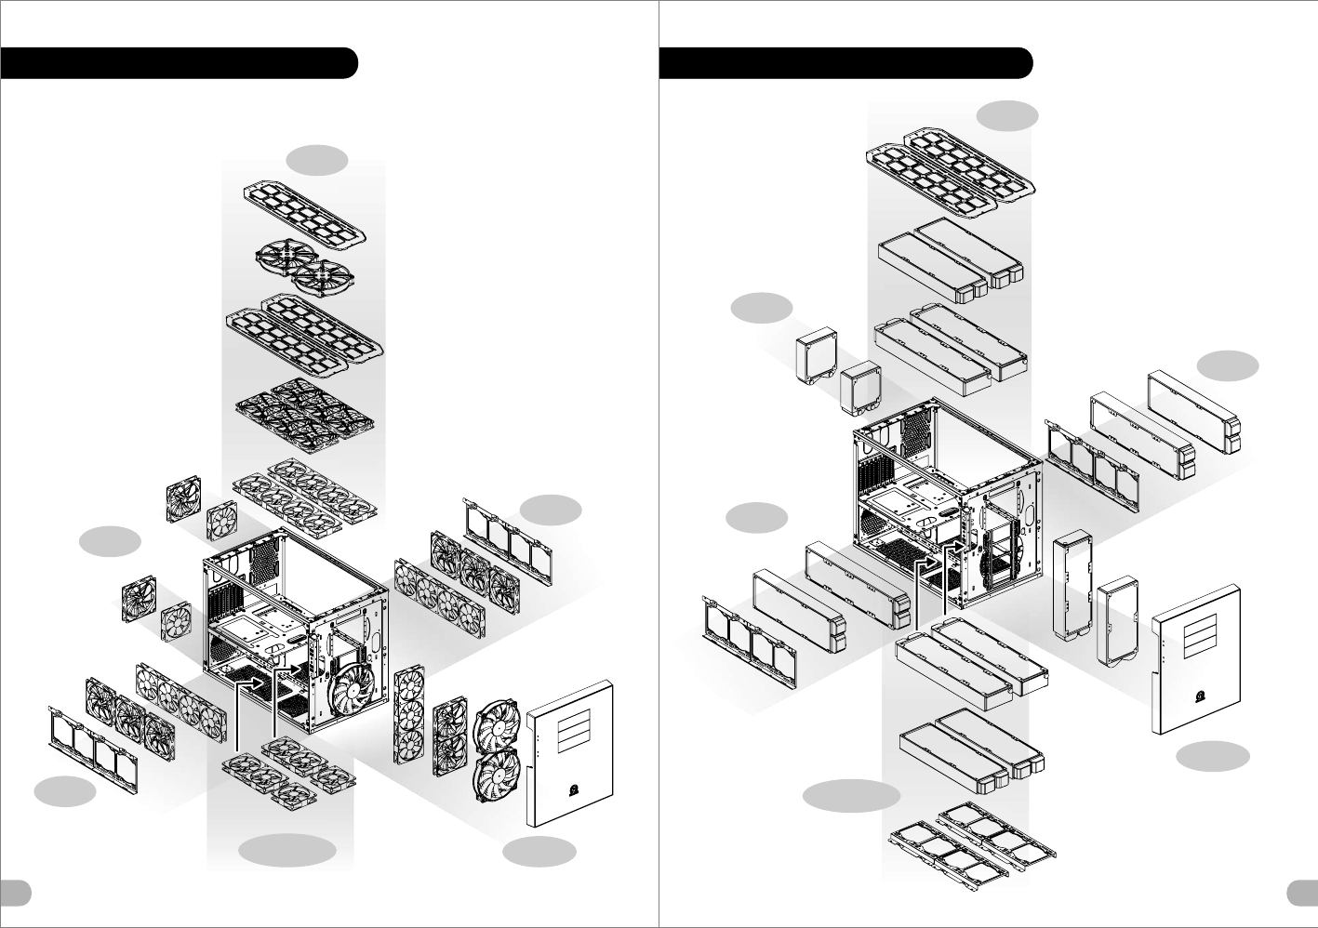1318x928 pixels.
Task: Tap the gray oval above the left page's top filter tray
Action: [317, 160]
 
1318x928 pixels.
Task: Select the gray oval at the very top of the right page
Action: [1008, 115]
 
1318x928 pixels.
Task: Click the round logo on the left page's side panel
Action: [570, 791]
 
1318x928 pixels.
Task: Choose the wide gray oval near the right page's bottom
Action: [852, 796]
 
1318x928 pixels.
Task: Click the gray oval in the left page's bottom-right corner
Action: [539, 852]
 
